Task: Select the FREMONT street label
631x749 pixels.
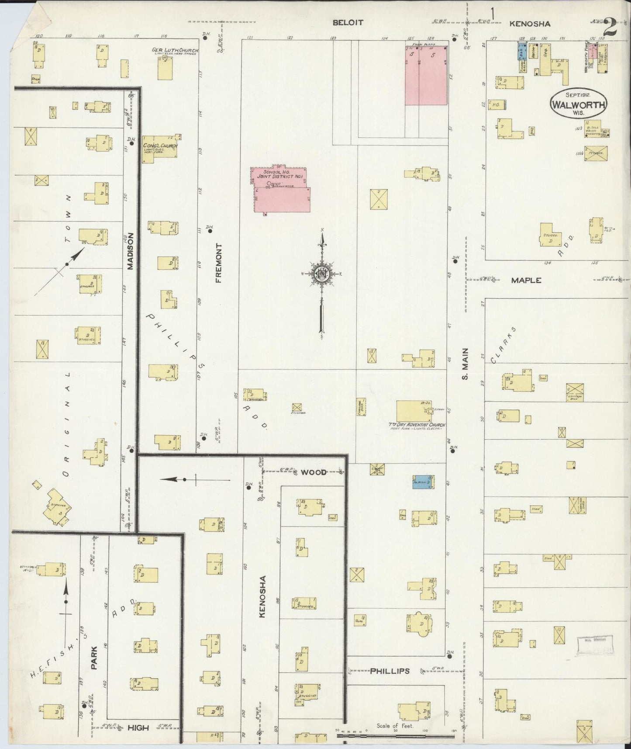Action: pyautogui.click(x=219, y=263)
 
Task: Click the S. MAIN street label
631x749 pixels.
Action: pyautogui.click(x=465, y=364)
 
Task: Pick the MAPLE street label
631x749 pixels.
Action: pyautogui.click(x=526, y=280)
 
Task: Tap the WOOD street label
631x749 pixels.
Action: pyautogui.click(x=314, y=472)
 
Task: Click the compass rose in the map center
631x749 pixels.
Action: pyautogui.click(x=322, y=274)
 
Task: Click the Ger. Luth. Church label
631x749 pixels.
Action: pyautogui.click(x=175, y=50)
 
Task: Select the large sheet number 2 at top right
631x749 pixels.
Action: pyautogui.click(x=609, y=28)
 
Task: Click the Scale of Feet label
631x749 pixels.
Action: pyautogui.click(x=395, y=726)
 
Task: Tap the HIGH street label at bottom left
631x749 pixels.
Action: pyautogui.click(x=138, y=728)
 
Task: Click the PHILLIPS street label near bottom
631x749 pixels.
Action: pyautogui.click(x=390, y=671)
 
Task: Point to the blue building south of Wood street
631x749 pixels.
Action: pyautogui.click(x=423, y=482)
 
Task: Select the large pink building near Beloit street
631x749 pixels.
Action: pyautogui.click(x=426, y=75)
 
